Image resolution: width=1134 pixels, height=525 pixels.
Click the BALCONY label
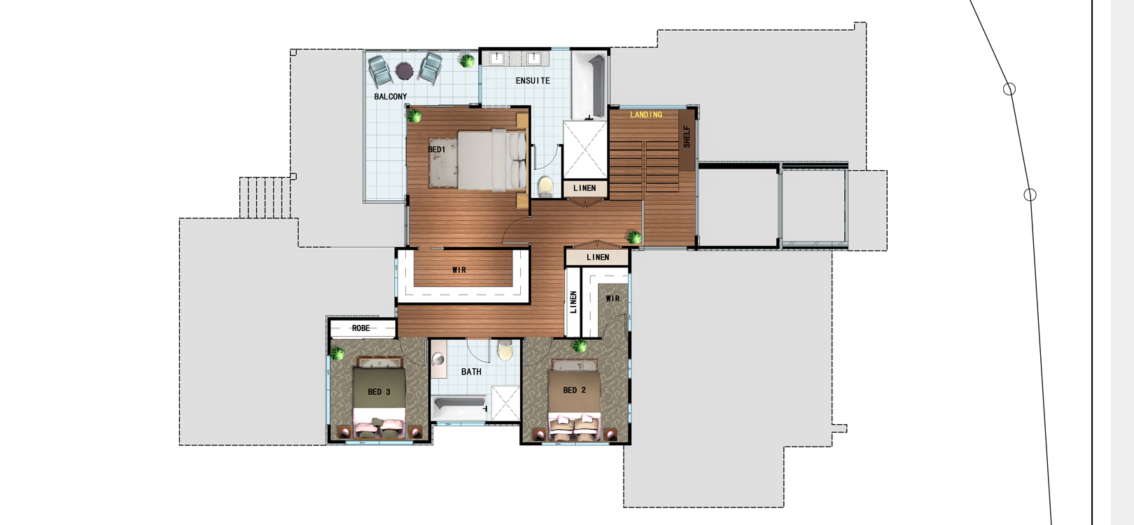[391, 96]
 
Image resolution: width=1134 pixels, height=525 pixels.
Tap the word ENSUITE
[533, 80]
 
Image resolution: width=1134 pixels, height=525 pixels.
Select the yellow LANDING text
[646, 115]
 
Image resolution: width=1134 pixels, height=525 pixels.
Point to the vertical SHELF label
[687, 136]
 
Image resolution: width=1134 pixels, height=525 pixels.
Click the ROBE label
[361, 328]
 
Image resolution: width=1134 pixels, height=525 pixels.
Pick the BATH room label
[471, 372]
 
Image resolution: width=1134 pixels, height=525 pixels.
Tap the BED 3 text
[379, 392]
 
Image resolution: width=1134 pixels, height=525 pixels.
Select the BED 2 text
[574, 391]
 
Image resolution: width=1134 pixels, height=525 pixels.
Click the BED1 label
[436, 149]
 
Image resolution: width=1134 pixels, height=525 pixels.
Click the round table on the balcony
[405, 71]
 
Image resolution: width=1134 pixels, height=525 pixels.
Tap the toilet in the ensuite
[546, 185]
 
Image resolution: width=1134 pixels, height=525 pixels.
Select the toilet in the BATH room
[505, 350]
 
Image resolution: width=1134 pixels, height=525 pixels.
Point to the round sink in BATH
[438, 360]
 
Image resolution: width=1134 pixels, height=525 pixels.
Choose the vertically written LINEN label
[573, 302]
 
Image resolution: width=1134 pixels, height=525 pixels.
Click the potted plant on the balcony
[467, 61]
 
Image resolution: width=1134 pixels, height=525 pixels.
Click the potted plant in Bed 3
[337, 353]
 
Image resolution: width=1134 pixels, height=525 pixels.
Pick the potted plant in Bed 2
[580, 346]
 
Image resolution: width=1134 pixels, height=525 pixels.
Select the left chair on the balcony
[380, 71]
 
